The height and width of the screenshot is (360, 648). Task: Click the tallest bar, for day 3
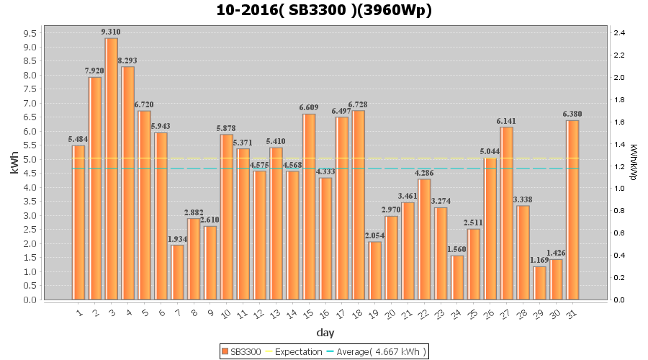112,169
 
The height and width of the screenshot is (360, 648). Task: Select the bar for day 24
457,277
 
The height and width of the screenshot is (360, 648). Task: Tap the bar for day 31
572,210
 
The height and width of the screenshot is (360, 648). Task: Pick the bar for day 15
309,207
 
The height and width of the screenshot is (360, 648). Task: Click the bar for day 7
177,272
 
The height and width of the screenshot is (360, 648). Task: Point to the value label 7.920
94,71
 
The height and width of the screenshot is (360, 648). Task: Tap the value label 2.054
374,235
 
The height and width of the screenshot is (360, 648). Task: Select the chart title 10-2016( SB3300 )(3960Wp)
324,10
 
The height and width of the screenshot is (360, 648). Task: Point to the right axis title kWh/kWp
633,162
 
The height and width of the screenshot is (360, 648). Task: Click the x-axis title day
325,333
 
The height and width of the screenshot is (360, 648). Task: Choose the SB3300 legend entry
241,351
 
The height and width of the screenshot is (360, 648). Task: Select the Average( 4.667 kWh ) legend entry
377,351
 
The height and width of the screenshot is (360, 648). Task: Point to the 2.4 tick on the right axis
619,33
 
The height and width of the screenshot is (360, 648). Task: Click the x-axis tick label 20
390,313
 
